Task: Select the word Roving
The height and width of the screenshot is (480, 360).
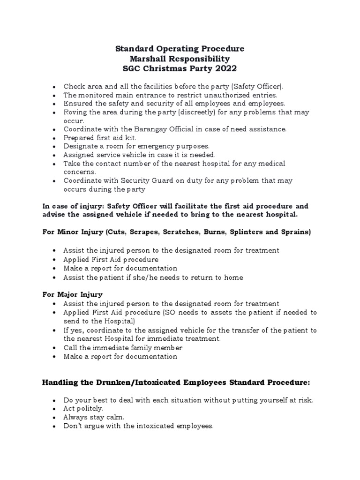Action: coord(75,112)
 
